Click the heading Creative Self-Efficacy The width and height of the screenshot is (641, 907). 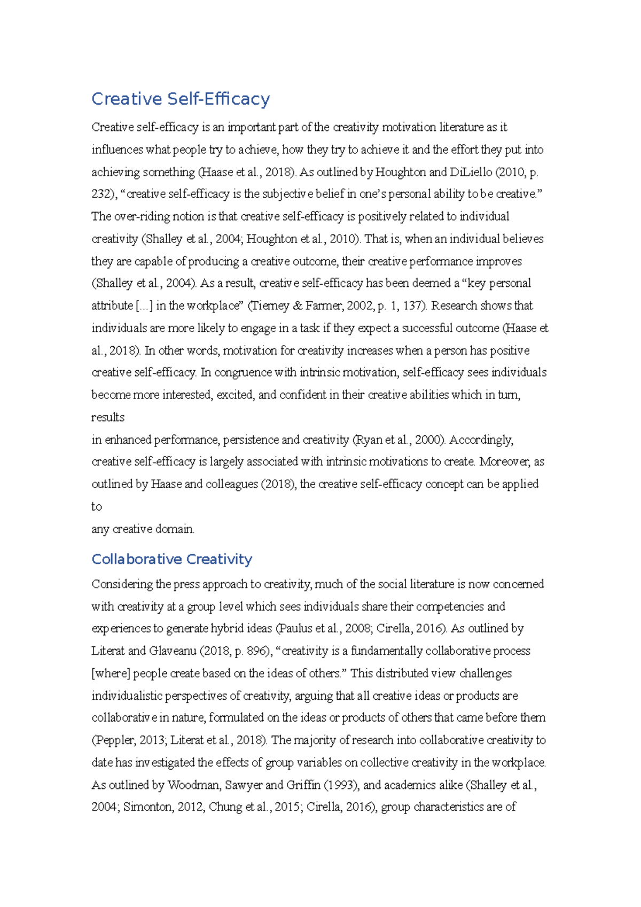pyautogui.click(x=181, y=99)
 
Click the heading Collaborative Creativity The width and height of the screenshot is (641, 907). pyautogui.click(x=171, y=559)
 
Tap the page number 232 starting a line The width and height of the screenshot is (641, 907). pyautogui.click(x=100, y=194)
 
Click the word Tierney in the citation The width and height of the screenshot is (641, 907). pyautogui.click(x=270, y=306)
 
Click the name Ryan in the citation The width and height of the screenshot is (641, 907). pyautogui.click(x=368, y=440)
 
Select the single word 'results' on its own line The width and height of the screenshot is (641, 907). pyautogui.click(x=108, y=417)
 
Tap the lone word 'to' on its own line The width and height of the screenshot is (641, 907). pyautogui.click(x=97, y=506)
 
